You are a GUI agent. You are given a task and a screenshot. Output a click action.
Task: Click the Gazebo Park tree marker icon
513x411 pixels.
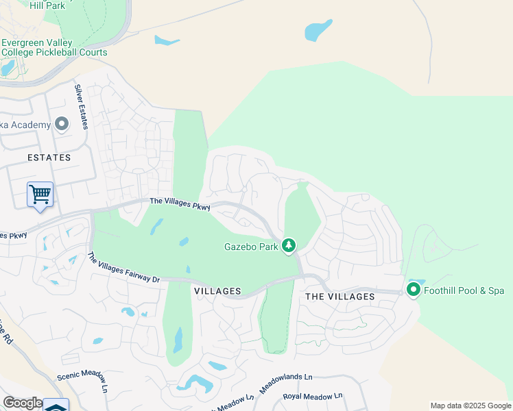pyautogui.click(x=289, y=245)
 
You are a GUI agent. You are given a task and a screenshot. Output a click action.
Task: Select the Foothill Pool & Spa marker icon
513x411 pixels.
pyautogui.click(x=414, y=290)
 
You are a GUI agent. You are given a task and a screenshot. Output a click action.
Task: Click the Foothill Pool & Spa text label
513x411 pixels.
pyautogui.click(x=464, y=291)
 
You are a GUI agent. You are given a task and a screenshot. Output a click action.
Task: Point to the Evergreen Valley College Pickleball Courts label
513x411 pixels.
pyautogui.click(x=54, y=47)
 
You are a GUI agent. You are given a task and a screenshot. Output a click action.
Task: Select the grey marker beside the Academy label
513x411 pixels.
pyautogui.click(x=62, y=124)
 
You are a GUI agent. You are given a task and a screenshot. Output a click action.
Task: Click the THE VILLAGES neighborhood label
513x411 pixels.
pyautogui.click(x=339, y=297)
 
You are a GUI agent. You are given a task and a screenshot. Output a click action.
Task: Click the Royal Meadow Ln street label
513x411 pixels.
pyautogui.click(x=312, y=397)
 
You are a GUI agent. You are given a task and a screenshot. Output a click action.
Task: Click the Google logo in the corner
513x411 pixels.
pyautogui.click(x=22, y=403)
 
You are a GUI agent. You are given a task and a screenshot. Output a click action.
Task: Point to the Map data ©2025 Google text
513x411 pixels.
pyautogui.click(x=470, y=406)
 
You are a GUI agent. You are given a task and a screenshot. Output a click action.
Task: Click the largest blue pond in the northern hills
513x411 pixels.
pyautogui.click(x=318, y=29)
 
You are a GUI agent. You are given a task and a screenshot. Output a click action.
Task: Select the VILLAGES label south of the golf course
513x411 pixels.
pyautogui.click(x=217, y=291)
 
